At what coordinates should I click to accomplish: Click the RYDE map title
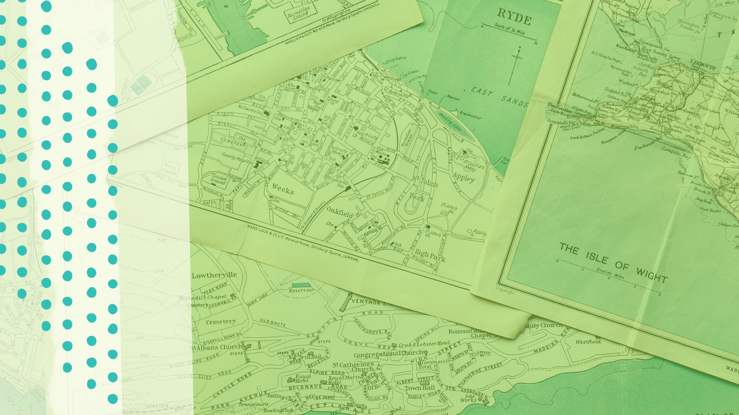coord(514,15)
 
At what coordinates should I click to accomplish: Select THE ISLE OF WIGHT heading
coord(614,262)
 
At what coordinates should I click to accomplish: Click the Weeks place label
coord(283,188)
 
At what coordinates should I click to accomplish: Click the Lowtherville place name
coord(214,275)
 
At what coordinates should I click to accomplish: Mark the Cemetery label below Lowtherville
coord(220,321)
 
